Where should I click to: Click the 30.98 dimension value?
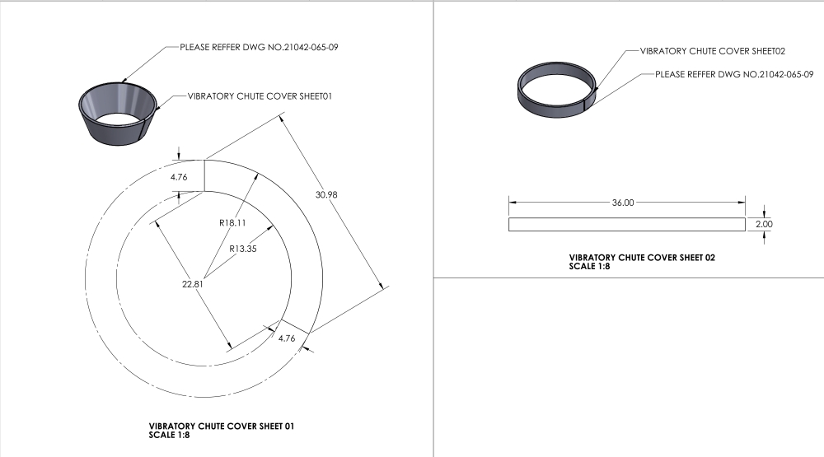pyautogui.click(x=326, y=195)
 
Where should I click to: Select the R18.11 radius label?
pyautogui.click(x=232, y=222)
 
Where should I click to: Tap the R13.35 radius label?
pyautogui.click(x=243, y=249)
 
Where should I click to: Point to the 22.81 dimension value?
pyautogui.click(x=192, y=284)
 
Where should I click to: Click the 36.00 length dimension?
pyautogui.click(x=623, y=203)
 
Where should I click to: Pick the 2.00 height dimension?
pyautogui.click(x=764, y=224)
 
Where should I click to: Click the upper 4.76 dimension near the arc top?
pyautogui.click(x=179, y=177)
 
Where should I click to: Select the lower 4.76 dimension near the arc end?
pyautogui.click(x=287, y=338)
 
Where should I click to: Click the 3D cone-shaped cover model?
pyautogui.click(x=118, y=114)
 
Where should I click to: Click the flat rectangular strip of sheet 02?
pyautogui.click(x=627, y=224)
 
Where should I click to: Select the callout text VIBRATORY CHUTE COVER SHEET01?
pyautogui.click(x=260, y=96)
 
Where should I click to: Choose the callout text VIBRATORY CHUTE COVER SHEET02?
pyautogui.click(x=712, y=51)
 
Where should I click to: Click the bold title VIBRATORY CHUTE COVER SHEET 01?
pyautogui.click(x=221, y=426)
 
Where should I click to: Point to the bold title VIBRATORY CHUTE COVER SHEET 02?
pyautogui.click(x=642, y=258)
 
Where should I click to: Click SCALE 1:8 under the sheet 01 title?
pyautogui.click(x=169, y=435)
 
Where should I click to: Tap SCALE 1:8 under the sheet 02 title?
pyautogui.click(x=589, y=266)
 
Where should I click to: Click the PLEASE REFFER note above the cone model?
pyautogui.click(x=259, y=47)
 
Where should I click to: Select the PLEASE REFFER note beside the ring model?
pyautogui.click(x=734, y=75)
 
